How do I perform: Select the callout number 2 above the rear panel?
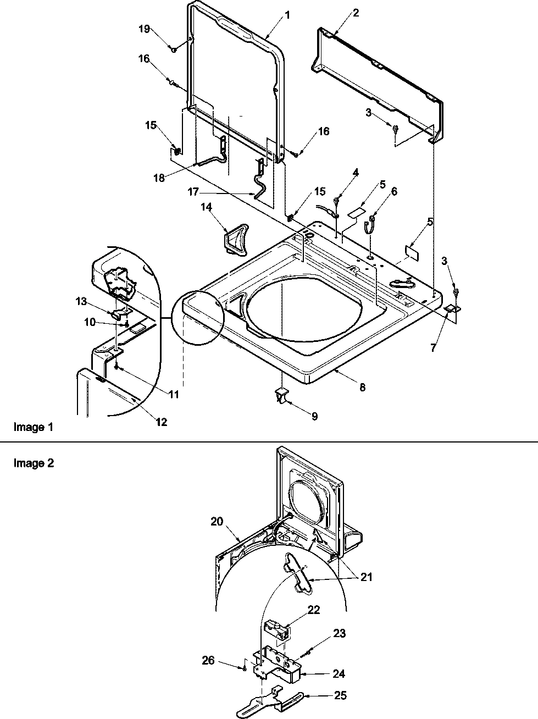pyautogui.click(x=356, y=13)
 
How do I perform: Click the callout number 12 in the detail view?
pyautogui.click(x=161, y=422)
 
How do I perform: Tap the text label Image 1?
pyautogui.click(x=33, y=427)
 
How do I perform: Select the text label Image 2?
pyautogui.click(x=33, y=463)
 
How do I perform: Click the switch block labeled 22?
pyautogui.click(x=276, y=628)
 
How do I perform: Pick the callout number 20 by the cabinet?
pyautogui.click(x=217, y=521)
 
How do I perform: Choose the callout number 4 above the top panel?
pyautogui.click(x=356, y=172)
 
